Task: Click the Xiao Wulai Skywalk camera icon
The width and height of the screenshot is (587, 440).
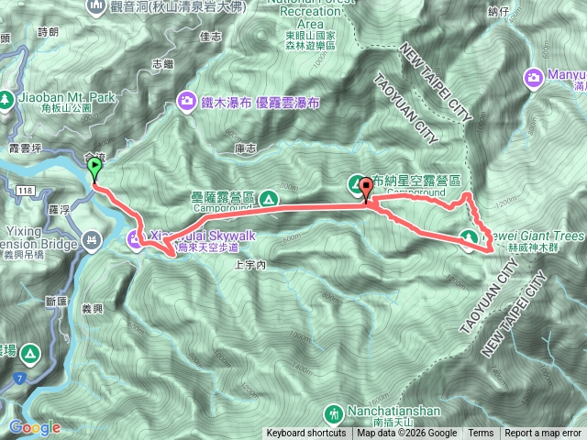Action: [135, 241]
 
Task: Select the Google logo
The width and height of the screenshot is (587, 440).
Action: [34, 428]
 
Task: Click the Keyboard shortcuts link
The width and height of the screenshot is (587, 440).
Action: [305, 434]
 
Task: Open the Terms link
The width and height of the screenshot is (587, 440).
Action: [481, 434]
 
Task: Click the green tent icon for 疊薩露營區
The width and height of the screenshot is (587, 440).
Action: [268, 197]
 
